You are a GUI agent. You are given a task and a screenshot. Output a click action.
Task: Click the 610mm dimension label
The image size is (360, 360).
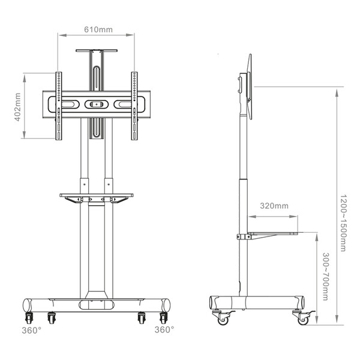pyautogui.click(x=98, y=29)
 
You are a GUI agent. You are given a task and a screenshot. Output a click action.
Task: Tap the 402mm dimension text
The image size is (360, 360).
pyautogui.click(x=17, y=107)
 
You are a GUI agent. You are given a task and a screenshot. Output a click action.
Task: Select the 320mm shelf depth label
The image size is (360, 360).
pyautogui.click(x=274, y=206)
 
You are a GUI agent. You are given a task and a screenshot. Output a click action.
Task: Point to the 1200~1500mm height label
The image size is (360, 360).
pyautogui.click(x=343, y=223)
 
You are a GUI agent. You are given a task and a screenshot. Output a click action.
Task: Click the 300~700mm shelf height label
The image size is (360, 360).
pyautogui.click(x=326, y=277)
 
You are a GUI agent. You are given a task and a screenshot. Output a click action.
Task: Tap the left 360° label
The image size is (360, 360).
pyautogui.click(x=32, y=331)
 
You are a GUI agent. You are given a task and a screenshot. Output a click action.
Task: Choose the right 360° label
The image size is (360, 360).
pyautogui.click(x=164, y=329)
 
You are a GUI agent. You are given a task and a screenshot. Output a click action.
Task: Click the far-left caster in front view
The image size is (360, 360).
pyautogui.click(x=29, y=318)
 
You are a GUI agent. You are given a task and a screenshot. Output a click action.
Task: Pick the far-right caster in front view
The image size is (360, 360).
pyautogui.click(x=163, y=318)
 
